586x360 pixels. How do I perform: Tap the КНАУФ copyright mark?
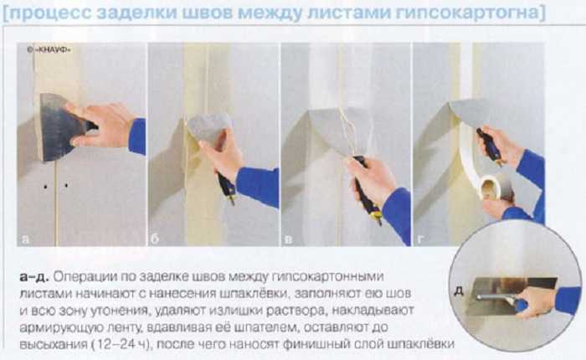click(x=49, y=50)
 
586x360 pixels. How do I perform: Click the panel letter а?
click(x=25, y=239)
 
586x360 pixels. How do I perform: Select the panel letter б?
click(x=156, y=239)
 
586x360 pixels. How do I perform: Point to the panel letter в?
click(x=288, y=239)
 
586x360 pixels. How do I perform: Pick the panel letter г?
click(x=420, y=239)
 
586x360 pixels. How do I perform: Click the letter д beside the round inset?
click(x=459, y=291)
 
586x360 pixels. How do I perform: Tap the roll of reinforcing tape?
click(x=494, y=188)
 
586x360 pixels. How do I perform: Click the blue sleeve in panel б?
click(x=259, y=186)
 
